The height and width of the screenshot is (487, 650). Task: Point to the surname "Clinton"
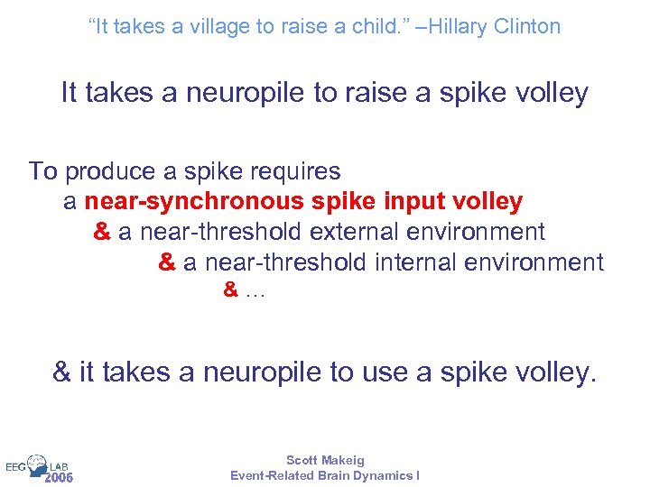point(527,27)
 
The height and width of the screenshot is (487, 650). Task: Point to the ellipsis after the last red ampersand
point(255,291)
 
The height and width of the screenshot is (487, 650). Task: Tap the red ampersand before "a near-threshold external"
point(102,232)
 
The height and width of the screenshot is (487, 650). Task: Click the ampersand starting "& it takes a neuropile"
point(62,372)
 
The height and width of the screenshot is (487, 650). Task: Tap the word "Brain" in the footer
point(333,475)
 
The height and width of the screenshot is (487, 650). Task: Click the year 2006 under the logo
point(59,477)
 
